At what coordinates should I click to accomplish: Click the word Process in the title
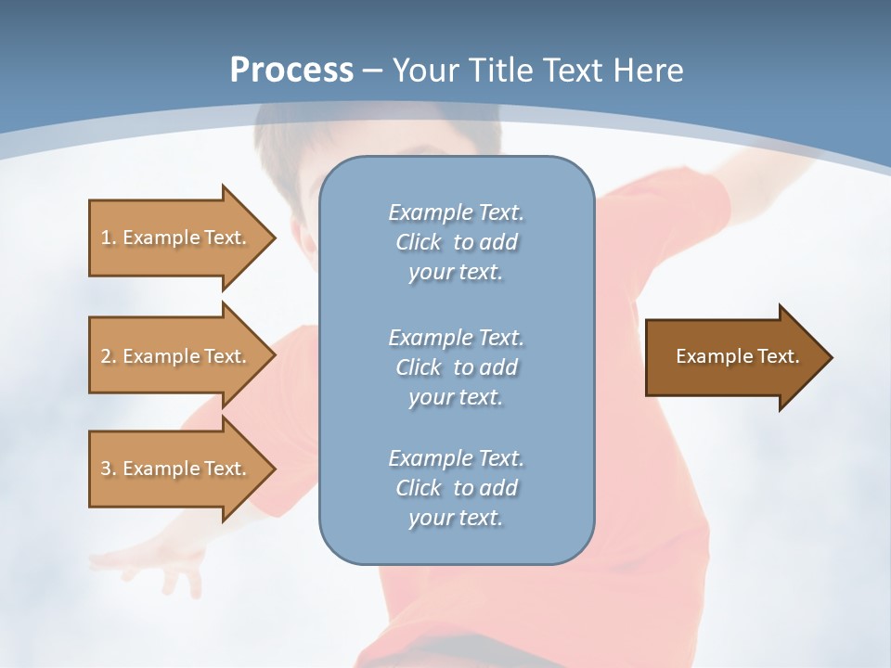pos(291,71)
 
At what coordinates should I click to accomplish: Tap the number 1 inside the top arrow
pos(105,238)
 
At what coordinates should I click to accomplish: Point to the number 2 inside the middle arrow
pos(105,356)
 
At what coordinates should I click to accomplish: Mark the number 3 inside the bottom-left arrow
pos(105,469)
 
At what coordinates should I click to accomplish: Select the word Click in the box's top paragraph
pos(419,243)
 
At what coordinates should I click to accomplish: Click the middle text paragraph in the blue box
pos(456,366)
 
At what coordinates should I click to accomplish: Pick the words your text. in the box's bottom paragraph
pos(456,518)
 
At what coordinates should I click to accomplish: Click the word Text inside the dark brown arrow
pos(779,356)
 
